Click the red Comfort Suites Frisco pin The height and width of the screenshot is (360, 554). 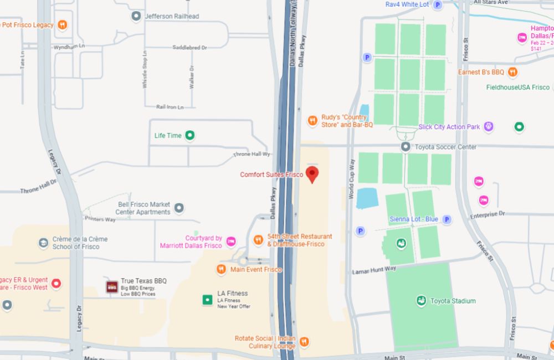coord(312,173)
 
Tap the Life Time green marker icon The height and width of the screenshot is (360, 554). coord(189,135)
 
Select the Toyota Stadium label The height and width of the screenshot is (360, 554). coord(453,301)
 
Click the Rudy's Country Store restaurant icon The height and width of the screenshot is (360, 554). coord(313,120)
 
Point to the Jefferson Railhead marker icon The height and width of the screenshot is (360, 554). coord(136,16)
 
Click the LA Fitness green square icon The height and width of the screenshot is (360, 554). coord(207,300)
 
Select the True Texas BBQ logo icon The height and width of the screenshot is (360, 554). coord(111,286)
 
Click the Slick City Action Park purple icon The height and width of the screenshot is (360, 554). coord(489,127)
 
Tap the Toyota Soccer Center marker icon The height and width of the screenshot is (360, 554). coord(405,147)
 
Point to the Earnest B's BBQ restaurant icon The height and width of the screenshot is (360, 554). coord(513,72)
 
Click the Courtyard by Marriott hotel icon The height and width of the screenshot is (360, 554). coord(231,241)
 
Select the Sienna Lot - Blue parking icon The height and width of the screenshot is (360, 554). coord(447,219)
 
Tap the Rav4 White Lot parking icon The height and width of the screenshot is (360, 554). coord(438,4)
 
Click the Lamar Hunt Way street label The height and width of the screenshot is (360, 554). coord(375,270)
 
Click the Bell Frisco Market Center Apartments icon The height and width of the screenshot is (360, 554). coord(178,208)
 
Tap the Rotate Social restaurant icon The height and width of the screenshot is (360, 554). coord(304,341)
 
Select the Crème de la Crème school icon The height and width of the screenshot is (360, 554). coord(43,243)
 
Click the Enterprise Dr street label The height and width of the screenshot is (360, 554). coord(487,213)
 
